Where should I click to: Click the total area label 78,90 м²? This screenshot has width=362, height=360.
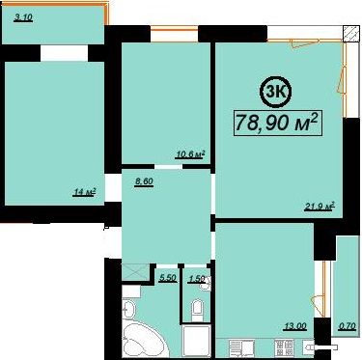[x=278, y=123]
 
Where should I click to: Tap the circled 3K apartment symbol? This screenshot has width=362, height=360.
[x=275, y=92]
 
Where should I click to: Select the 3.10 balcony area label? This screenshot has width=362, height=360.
[x=23, y=17]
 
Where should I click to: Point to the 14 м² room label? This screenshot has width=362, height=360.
[x=85, y=192]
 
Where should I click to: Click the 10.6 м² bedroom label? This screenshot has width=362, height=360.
[x=190, y=154]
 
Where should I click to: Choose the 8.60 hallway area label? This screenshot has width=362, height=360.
[x=144, y=181]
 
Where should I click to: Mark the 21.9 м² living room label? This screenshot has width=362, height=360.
[x=320, y=206]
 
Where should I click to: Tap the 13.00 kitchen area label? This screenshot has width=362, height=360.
[x=294, y=326]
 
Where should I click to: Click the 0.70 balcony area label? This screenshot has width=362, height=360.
[x=347, y=326]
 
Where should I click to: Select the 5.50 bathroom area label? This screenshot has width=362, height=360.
[x=168, y=278]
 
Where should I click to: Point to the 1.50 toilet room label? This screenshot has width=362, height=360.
[x=197, y=279]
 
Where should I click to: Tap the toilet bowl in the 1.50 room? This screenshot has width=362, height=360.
[x=197, y=311]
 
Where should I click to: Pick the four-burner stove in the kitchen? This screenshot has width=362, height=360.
[x=284, y=348]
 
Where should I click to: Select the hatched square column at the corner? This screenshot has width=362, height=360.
[x=350, y=34]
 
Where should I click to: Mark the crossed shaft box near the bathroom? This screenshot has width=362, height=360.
[x=136, y=272]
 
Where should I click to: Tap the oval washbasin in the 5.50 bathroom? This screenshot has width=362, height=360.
[x=129, y=310]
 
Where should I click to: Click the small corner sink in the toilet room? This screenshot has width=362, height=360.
[x=206, y=283]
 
